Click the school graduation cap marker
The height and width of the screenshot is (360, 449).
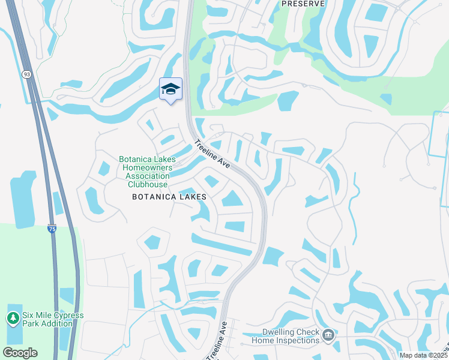click(171, 89)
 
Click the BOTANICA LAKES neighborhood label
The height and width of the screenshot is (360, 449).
click(169, 196)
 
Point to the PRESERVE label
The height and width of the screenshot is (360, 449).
click(303, 4)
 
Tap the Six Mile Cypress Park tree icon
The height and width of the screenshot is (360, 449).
click(13, 319)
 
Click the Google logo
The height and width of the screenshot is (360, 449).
click(20, 353)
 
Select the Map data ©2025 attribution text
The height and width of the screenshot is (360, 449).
click(423, 355)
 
